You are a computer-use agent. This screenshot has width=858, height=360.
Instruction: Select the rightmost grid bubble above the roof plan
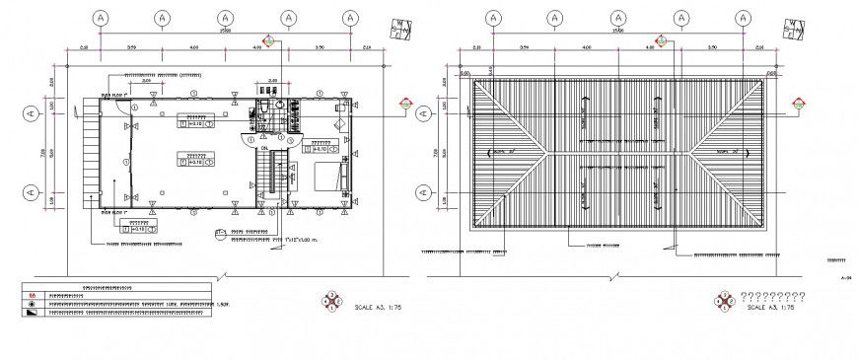740,18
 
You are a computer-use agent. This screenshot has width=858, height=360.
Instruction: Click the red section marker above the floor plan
267,42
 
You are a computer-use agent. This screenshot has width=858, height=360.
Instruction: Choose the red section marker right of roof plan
796,103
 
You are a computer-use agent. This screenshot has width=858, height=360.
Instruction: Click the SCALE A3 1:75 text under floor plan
378,308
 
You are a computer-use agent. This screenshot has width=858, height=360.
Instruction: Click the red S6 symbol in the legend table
32,294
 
